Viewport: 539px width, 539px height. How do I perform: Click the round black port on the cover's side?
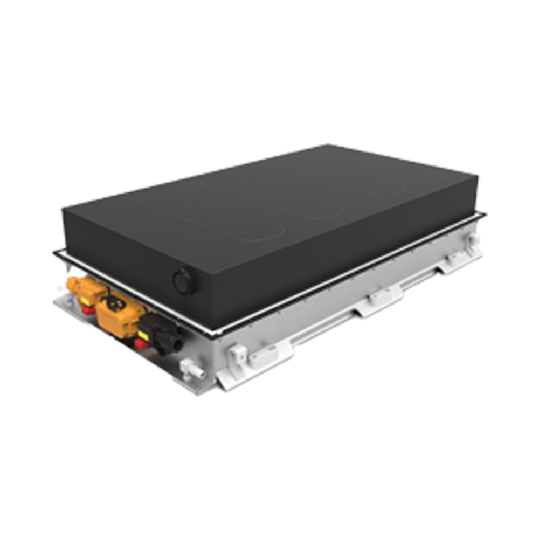click(184, 281)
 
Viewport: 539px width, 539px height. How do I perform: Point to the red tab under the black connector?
click(142, 344)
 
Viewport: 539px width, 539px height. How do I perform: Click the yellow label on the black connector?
click(143, 335)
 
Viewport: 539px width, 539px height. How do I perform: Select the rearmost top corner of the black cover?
click(327, 144)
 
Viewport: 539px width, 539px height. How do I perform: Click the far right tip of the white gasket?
click(485, 215)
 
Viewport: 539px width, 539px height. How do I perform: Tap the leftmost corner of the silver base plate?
click(54, 305)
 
